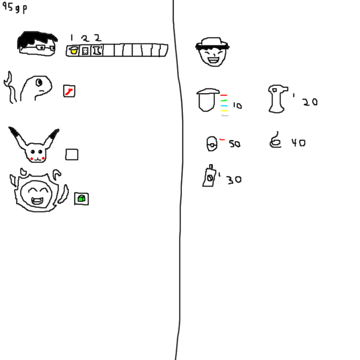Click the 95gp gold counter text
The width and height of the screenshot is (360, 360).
14,8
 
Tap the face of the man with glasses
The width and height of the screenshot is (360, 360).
37,43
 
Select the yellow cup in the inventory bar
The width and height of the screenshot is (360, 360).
73,50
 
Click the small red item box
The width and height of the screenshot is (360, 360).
69,91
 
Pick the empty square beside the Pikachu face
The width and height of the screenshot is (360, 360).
71,154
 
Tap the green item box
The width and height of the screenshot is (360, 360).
81,198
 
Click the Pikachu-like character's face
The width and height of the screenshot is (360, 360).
34,144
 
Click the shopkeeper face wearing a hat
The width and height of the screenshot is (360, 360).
212,52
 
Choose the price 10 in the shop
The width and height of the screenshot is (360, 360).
237,105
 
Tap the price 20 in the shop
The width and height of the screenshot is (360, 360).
310,102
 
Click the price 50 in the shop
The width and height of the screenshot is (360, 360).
234,144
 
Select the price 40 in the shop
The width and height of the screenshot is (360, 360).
298,142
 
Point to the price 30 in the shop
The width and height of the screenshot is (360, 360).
234,179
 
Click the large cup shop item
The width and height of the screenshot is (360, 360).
207,100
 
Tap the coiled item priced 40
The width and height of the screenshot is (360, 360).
275,140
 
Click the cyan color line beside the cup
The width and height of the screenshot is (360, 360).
224,106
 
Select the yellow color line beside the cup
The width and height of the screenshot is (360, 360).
224,110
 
